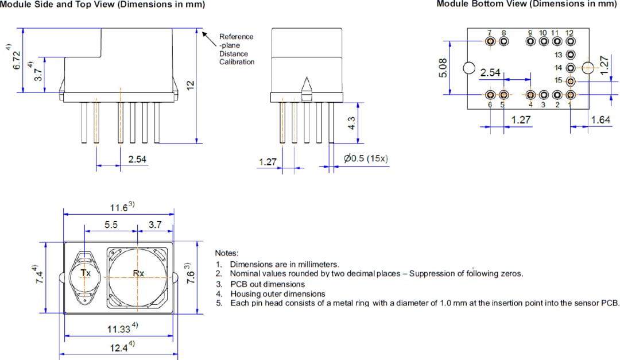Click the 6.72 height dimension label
(17, 59)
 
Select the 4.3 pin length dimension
(352, 123)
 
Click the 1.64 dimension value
(600, 120)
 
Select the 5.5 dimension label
(111, 225)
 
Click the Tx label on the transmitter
(86, 273)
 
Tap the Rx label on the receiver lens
(138, 273)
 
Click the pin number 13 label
(558, 55)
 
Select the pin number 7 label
(489, 33)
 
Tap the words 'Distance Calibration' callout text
(237, 57)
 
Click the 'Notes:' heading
(226, 253)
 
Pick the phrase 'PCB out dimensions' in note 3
(268, 284)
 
